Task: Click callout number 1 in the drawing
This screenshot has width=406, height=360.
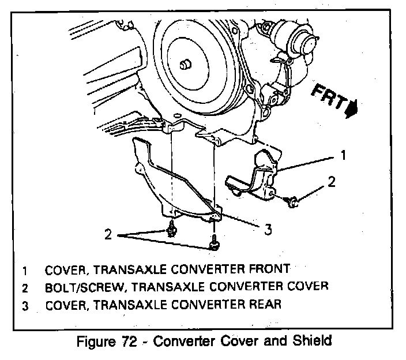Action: coord(343,155)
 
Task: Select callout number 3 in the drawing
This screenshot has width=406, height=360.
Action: coord(267,230)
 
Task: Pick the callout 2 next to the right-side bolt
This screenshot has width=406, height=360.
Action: coord(331,182)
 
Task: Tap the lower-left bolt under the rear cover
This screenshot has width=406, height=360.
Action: coord(170,231)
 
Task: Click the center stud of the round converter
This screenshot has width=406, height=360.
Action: coord(186,65)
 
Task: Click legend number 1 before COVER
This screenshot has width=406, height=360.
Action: coord(25,270)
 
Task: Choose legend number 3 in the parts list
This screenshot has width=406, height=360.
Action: coord(25,305)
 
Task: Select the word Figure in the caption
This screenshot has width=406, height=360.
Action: coord(96,340)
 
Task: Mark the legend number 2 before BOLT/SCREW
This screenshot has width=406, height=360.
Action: coord(25,287)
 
